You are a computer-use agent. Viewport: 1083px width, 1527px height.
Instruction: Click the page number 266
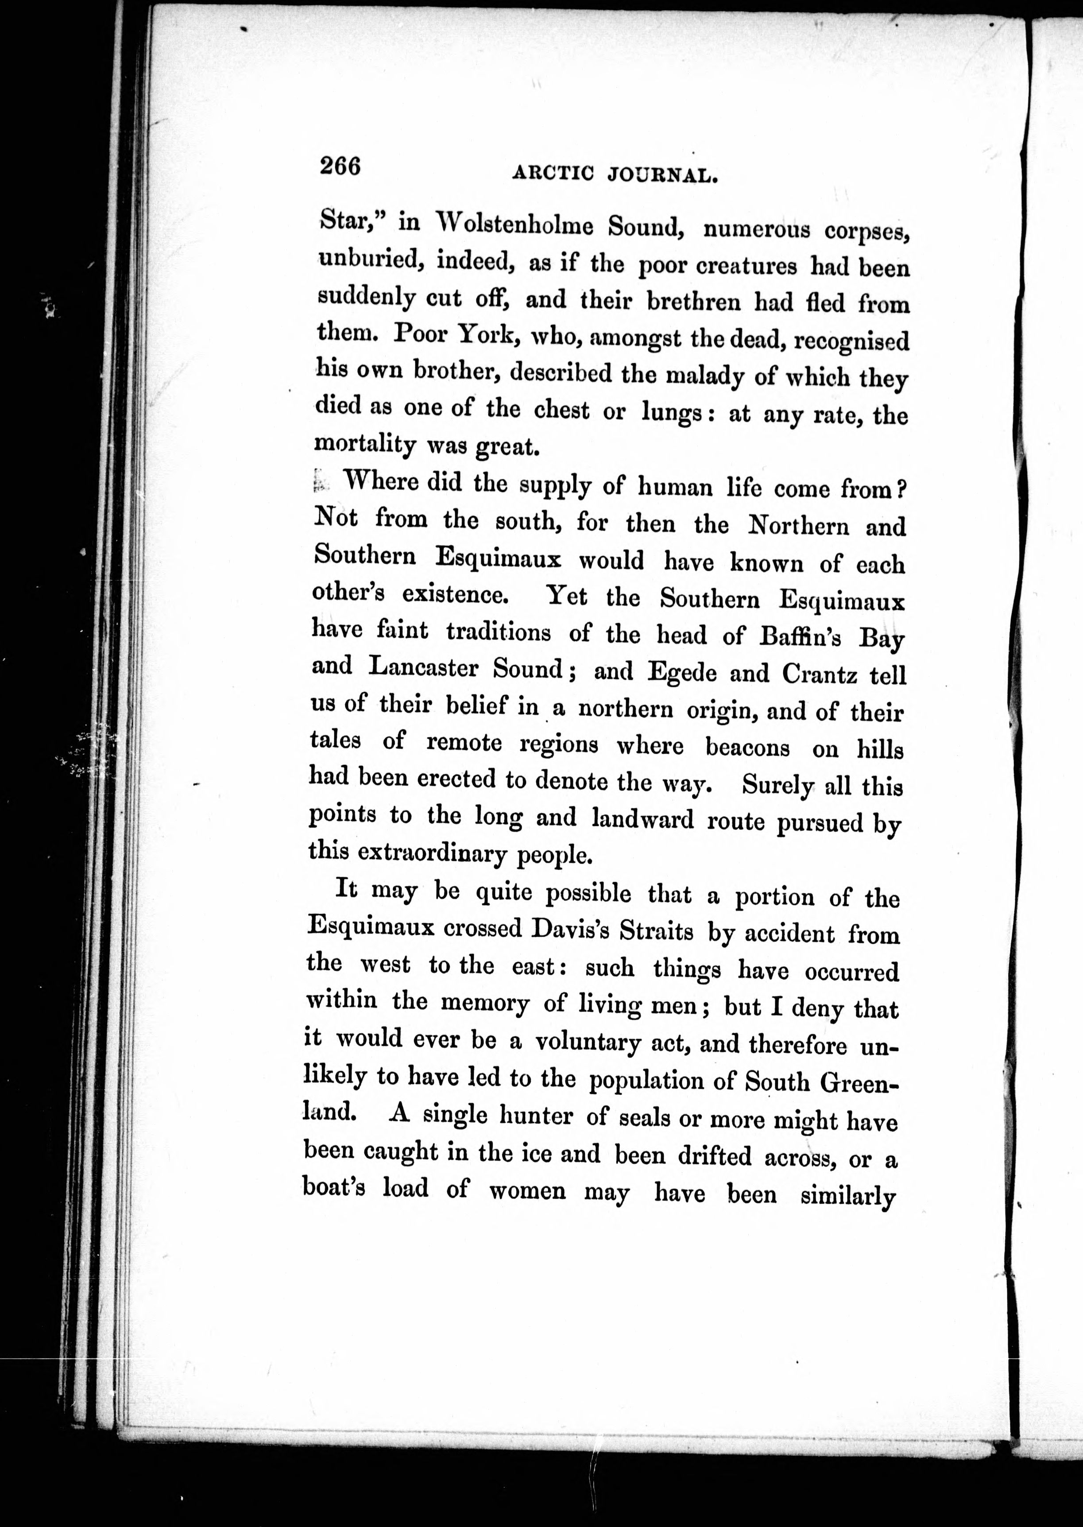click(340, 166)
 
